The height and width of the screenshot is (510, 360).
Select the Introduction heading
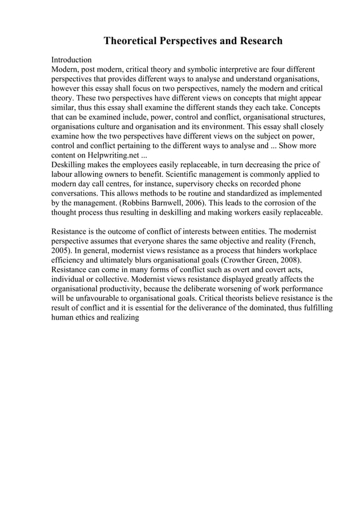[72, 60]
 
